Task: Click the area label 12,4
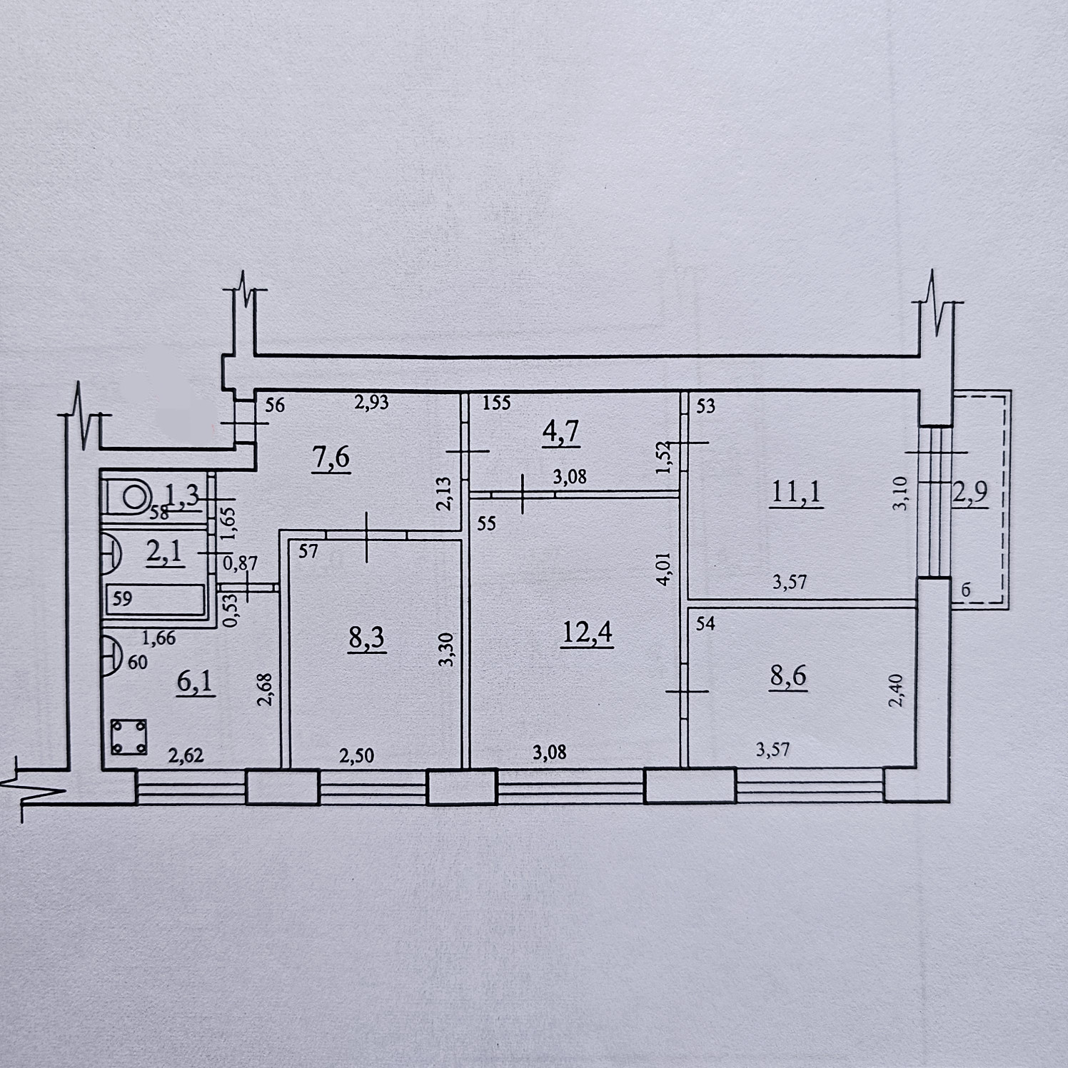[587, 633]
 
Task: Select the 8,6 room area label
[788, 675]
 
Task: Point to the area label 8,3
[367, 638]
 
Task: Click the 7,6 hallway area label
[331, 456]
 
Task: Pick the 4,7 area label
[561, 432]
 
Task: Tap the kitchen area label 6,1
[195, 682]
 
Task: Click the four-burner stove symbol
[129, 737]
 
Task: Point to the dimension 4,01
[664, 569]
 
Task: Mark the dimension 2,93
[371, 403]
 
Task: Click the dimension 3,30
[445, 650]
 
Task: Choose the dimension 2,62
[186, 755]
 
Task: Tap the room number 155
[496, 403]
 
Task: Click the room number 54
[705, 623]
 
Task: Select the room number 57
[308, 551]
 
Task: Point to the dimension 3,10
[900, 493]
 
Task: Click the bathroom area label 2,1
[164, 552]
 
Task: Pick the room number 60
[138, 662]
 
